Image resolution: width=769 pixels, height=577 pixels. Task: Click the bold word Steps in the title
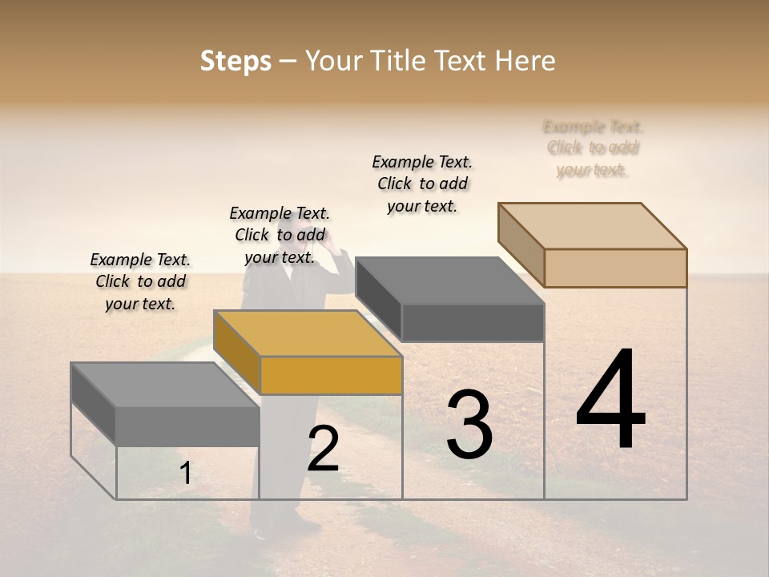click(236, 61)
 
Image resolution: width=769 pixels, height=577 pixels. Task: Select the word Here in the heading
click(525, 61)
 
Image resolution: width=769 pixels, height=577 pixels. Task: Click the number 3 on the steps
click(469, 425)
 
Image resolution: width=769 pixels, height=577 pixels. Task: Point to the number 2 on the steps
click(323, 449)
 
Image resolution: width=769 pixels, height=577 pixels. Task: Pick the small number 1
click(185, 474)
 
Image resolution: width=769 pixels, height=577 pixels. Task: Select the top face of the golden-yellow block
click(308, 333)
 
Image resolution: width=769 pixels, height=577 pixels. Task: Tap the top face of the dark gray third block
click(449, 280)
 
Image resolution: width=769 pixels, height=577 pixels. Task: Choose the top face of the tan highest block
click(593, 226)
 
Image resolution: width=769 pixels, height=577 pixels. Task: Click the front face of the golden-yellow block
click(331, 375)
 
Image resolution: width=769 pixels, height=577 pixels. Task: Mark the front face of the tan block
click(615, 268)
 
